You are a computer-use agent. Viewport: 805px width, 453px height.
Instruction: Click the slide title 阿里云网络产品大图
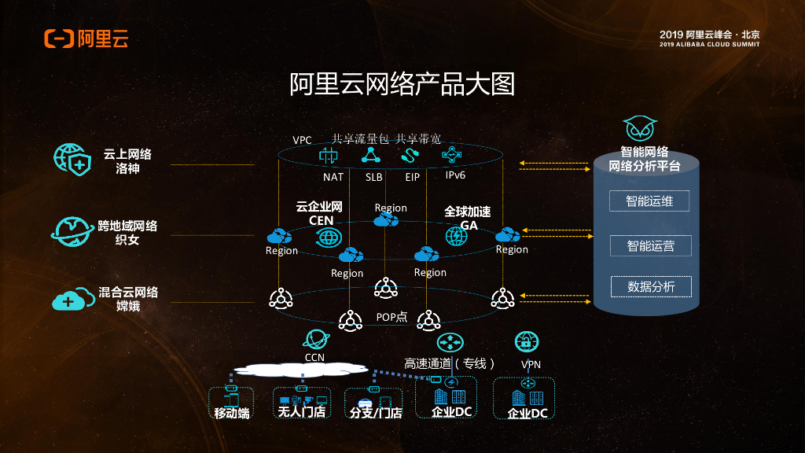(402, 84)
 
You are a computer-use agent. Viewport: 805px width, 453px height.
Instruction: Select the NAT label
(333, 177)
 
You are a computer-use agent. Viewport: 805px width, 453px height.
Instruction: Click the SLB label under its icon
(373, 177)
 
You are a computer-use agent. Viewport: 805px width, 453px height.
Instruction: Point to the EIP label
(413, 177)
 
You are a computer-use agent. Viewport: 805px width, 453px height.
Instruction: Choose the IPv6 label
(456, 175)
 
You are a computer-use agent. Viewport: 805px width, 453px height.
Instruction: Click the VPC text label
(303, 140)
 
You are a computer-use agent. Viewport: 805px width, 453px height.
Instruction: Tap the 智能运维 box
(650, 201)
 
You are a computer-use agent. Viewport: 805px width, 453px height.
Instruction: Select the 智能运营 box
(650, 245)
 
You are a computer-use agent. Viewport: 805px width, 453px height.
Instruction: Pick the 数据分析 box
(650, 286)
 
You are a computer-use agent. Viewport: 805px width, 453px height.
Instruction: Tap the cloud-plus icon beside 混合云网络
(69, 300)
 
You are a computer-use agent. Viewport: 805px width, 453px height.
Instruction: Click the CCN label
(314, 358)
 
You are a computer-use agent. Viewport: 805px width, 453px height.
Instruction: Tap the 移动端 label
(232, 412)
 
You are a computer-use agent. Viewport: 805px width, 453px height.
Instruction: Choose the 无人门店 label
(302, 412)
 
